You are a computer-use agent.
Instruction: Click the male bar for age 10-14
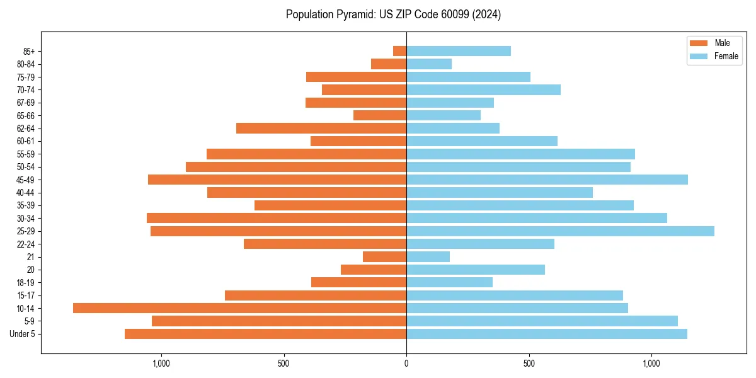[x=239, y=308]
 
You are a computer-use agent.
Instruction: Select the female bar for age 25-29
[x=560, y=231]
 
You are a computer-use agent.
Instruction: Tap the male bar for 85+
[x=400, y=51]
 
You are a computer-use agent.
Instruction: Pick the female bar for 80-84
[x=429, y=64]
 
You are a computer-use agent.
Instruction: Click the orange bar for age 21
[x=385, y=256]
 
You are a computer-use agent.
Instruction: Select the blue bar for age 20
[x=476, y=270]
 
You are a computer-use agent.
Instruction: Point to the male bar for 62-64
[x=321, y=128]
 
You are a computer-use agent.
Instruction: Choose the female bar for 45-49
[x=547, y=180]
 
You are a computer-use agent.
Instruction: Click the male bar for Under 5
[x=265, y=334]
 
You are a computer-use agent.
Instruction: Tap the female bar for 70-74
[x=483, y=89]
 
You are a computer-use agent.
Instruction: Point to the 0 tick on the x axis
[x=406, y=364]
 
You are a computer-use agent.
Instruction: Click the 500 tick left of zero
[x=283, y=364]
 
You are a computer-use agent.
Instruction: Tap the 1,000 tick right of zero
[x=651, y=364]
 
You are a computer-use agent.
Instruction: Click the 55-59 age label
[x=26, y=154]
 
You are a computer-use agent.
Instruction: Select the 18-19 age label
[x=26, y=282]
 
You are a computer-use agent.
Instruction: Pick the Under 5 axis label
[x=23, y=334]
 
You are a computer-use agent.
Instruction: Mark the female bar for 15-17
[x=515, y=295]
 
